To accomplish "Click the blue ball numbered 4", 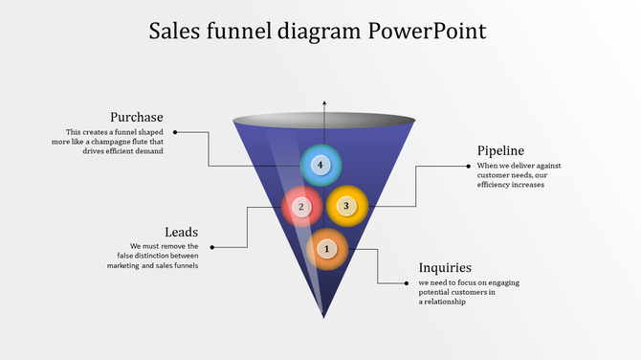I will pyautogui.click(x=320, y=165).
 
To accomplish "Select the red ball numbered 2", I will pyautogui.click(x=301, y=206).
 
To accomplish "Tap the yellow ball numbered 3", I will pyautogui.click(x=346, y=205).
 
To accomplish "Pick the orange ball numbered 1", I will pyautogui.click(x=327, y=249).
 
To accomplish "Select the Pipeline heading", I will pyautogui.click(x=500, y=150).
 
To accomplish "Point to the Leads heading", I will pyautogui.click(x=182, y=232).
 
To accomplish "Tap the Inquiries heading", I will pyautogui.click(x=445, y=268).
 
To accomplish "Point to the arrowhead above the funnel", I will pyautogui.click(x=324, y=101).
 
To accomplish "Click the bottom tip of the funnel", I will pyautogui.click(x=324, y=316).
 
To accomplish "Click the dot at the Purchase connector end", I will pyautogui.click(x=175, y=132).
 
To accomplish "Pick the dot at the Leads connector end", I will pyautogui.click(x=211, y=247).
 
